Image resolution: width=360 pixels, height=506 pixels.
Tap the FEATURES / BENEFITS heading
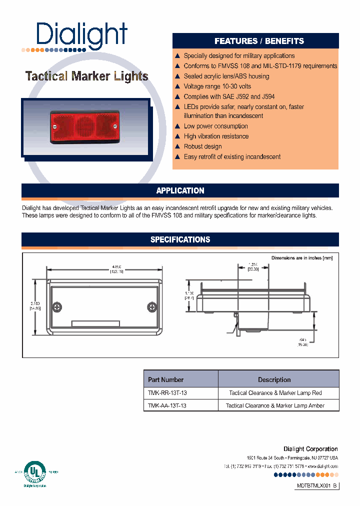259,41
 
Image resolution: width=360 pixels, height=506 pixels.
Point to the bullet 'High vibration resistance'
216,136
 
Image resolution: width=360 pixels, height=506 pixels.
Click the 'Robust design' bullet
202,146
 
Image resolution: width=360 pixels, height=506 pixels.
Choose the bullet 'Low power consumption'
215,126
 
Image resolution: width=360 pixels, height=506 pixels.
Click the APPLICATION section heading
180,190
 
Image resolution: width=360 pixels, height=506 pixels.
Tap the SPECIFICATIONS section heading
180,239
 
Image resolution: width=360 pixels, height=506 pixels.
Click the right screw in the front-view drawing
152,306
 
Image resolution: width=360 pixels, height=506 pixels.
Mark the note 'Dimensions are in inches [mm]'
301,258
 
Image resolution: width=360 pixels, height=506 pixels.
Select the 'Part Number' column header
166,379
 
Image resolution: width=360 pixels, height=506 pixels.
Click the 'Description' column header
274,379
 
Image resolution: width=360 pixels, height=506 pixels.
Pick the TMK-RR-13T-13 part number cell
167,393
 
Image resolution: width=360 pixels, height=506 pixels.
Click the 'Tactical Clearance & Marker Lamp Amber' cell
275,405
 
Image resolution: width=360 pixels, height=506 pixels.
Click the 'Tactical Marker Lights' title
86,76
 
